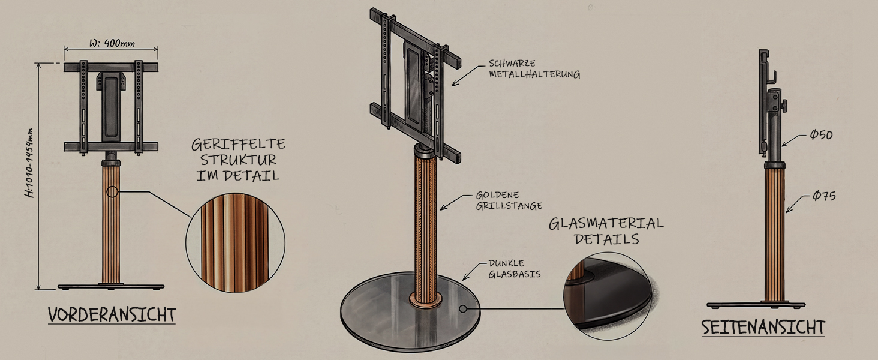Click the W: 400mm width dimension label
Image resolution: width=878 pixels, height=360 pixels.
point(112,43)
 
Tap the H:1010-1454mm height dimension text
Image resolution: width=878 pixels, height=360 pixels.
point(29,163)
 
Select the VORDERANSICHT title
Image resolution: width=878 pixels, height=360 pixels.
point(112,315)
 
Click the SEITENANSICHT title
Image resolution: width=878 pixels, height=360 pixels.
point(763,328)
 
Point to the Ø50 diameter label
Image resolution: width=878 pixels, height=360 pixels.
point(821,135)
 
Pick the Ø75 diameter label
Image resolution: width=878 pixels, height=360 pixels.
point(823,195)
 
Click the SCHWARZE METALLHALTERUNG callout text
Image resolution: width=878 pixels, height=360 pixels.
point(534,68)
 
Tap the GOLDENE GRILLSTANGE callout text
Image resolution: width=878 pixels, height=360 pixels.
point(509,200)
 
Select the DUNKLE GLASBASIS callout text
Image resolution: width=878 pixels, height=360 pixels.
point(514,269)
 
